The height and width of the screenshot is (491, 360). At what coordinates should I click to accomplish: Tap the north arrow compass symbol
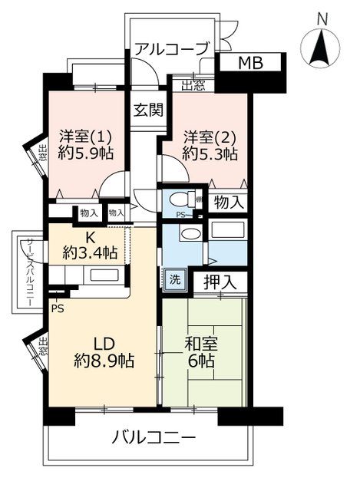pos(322,49)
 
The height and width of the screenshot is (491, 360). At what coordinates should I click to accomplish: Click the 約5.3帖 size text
pos(210,154)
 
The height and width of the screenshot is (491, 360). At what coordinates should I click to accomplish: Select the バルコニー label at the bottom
pos(154,440)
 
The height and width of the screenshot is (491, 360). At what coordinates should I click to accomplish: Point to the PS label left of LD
pos(58,308)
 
